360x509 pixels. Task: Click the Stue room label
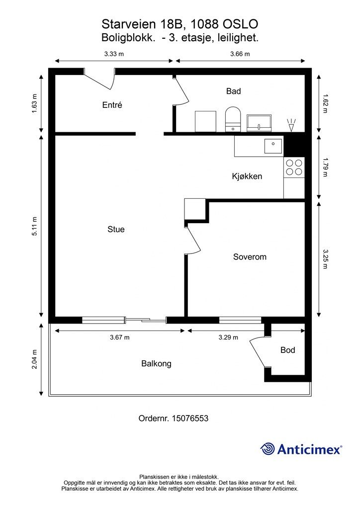116,229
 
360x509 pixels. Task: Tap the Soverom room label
250,257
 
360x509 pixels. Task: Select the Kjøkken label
247,176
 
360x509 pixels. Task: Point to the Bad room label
233,91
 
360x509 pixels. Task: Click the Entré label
112,105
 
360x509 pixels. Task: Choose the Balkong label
156,363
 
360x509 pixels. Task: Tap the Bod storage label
287,350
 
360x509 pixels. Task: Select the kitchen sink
273,145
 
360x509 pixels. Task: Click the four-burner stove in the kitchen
293,167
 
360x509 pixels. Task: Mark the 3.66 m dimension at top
240,54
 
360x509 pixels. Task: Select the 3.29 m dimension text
228,337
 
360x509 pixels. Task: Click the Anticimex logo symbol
268,449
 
